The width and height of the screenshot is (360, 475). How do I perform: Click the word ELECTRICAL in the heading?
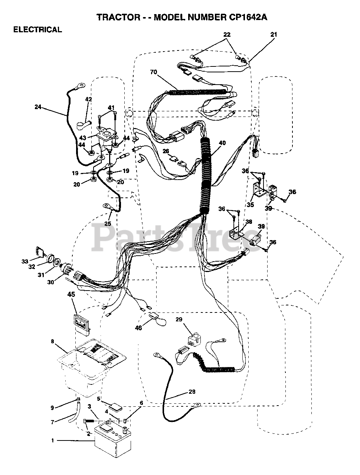pyautogui.click(x=37, y=30)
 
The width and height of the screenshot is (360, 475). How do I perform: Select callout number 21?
pyautogui.click(x=274, y=35)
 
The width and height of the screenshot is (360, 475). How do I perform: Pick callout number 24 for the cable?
pyautogui.click(x=38, y=107)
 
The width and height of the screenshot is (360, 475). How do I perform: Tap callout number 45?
pyautogui.click(x=71, y=295)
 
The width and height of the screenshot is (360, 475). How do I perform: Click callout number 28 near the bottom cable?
pyautogui.click(x=192, y=392)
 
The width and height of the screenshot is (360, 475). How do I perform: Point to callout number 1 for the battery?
pyautogui.click(x=53, y=440)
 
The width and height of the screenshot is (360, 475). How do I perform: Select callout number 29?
pyautogui.click(x=179, y=320)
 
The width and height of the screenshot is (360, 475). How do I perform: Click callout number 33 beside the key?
pyautogui.click(x=25, y=261)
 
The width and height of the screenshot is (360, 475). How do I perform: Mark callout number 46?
pyautogui.click(x=138, y=328)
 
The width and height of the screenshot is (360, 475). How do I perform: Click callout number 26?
pyautogui.click(x=166, y=151)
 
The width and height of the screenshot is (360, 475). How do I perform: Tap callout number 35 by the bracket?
pyautogui.click(x=251, y=204)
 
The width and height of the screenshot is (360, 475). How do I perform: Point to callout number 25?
pyautogui.click(x=108, y=223)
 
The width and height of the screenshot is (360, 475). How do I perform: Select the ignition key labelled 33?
pyautogui.click(x=39, y=252)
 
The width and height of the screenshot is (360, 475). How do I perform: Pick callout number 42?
pyautogui.click(x=88, y=99)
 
